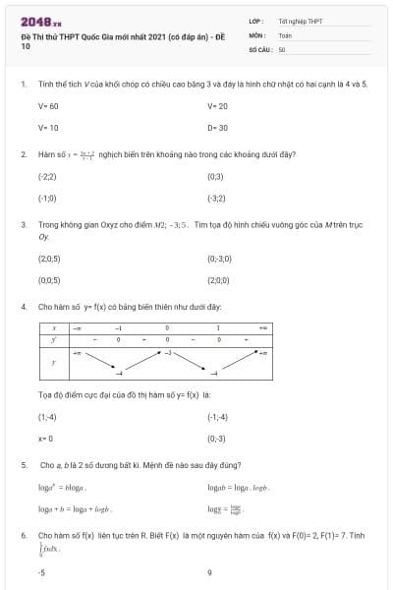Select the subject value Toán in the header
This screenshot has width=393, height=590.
285,34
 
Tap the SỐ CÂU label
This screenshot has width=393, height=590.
260,48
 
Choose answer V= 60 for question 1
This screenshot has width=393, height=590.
48,105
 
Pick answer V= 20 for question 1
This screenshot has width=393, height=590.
217,105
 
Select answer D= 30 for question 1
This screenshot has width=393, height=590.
217,127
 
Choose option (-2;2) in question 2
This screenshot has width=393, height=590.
47,176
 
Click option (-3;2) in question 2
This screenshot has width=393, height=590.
216,198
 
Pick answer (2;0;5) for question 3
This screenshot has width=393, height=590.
49,259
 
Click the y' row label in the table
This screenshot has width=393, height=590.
55,339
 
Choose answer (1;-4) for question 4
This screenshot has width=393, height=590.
47,417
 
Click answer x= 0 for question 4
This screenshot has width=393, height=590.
45,439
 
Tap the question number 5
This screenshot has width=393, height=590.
23,464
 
